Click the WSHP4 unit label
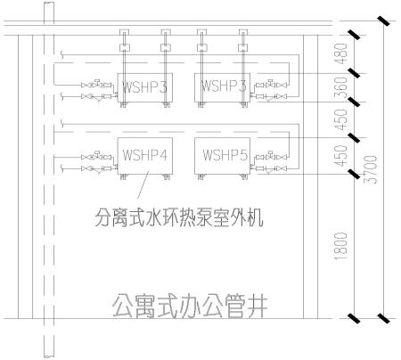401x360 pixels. (x=145, y=155)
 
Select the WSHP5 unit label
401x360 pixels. (x=225, y=155)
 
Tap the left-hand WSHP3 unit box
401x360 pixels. (x=145, y=87)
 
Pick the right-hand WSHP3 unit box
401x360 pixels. (x=222, y=87)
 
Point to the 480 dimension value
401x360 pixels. (x=341, y=53)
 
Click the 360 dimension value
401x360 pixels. (x=341, y=88)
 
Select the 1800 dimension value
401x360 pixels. (x=341, y=246)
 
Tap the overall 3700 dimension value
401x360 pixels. (x=371, y=169)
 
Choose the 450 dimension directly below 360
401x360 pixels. (x=341, y=120)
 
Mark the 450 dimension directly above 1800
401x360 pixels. (x=341, y=156)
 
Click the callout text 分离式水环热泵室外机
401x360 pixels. (x=179, y=217)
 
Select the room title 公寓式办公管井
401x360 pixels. (x=190, y=306)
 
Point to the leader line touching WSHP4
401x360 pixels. (x=143, y=184)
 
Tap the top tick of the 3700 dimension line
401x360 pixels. (x=383, y=21)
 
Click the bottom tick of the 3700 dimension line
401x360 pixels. (x=383, y=318)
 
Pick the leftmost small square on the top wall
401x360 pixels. (x=124, y=32)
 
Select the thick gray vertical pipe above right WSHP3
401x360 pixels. (x=243, y=68)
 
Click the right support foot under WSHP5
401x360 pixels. (x=245, y=177)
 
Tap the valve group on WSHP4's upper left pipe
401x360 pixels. (x=96, y=156)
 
